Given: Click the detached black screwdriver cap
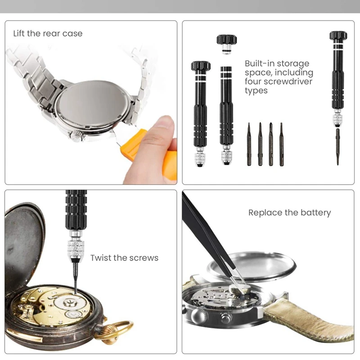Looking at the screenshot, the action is pyautogui.click(x=227, y=44).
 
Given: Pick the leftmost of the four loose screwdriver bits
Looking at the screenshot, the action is pyautogui.click(x=249, y=144).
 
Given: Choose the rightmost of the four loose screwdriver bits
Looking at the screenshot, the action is pyautogui.click(x=282, y=144).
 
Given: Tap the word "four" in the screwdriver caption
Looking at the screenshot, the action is pyautogui.click(x=253, y=81).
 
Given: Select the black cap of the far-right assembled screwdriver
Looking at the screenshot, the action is pyautogui.click(x=338, y=36).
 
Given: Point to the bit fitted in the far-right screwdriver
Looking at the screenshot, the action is pyautogui.click(x=338, y=147).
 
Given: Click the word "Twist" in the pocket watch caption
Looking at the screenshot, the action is pyautogui.click(x=100, y=258).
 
